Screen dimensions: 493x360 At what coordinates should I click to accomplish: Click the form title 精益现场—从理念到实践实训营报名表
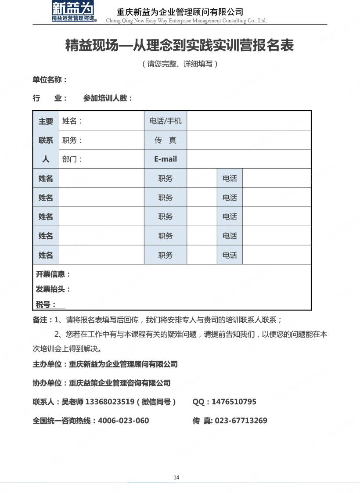180,45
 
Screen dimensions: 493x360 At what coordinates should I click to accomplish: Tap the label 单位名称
49,80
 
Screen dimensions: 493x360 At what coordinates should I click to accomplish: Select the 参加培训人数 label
108,98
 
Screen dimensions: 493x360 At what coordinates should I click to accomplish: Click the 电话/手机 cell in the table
166,121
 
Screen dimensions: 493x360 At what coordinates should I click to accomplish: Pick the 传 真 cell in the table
166,140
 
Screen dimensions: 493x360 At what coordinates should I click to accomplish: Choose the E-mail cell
166,159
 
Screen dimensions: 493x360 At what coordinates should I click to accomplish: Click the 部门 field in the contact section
72,159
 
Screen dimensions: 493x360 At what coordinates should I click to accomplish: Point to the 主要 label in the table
46,122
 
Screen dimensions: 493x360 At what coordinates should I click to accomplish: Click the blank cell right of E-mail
249,159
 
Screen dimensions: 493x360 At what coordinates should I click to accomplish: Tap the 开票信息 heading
53,274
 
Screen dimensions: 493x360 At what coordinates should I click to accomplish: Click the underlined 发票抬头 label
54,289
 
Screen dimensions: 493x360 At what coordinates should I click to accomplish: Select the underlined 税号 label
46,304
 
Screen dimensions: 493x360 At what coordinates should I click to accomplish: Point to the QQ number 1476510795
234,402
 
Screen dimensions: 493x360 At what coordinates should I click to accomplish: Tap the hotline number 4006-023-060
123,421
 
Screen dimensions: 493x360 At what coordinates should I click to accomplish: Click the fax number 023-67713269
241,421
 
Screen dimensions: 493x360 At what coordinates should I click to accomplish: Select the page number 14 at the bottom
176,478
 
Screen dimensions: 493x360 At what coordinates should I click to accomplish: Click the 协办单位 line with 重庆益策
101,383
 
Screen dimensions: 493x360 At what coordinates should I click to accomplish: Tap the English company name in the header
187,21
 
